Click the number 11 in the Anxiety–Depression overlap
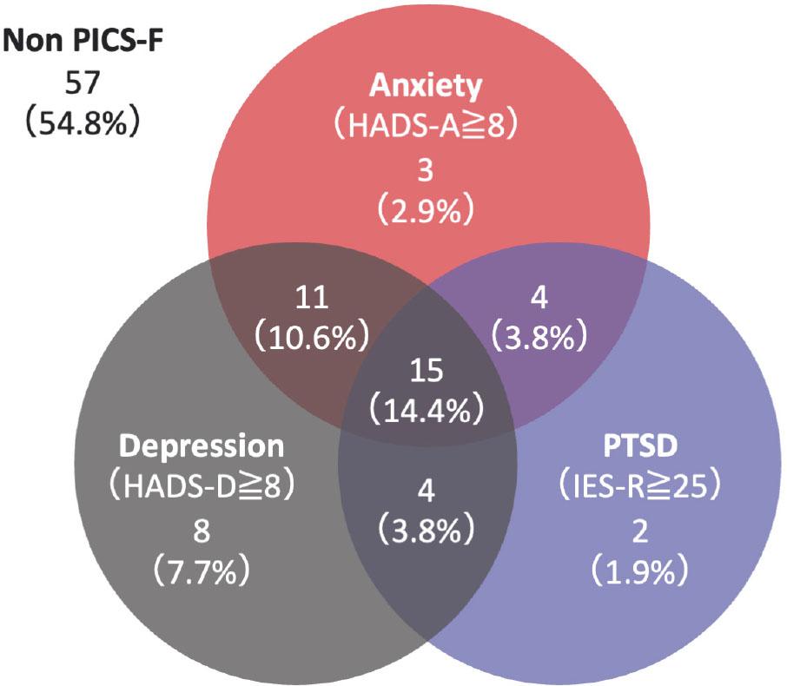(x=310, y=297)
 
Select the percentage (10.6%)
(x=310, y=338)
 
